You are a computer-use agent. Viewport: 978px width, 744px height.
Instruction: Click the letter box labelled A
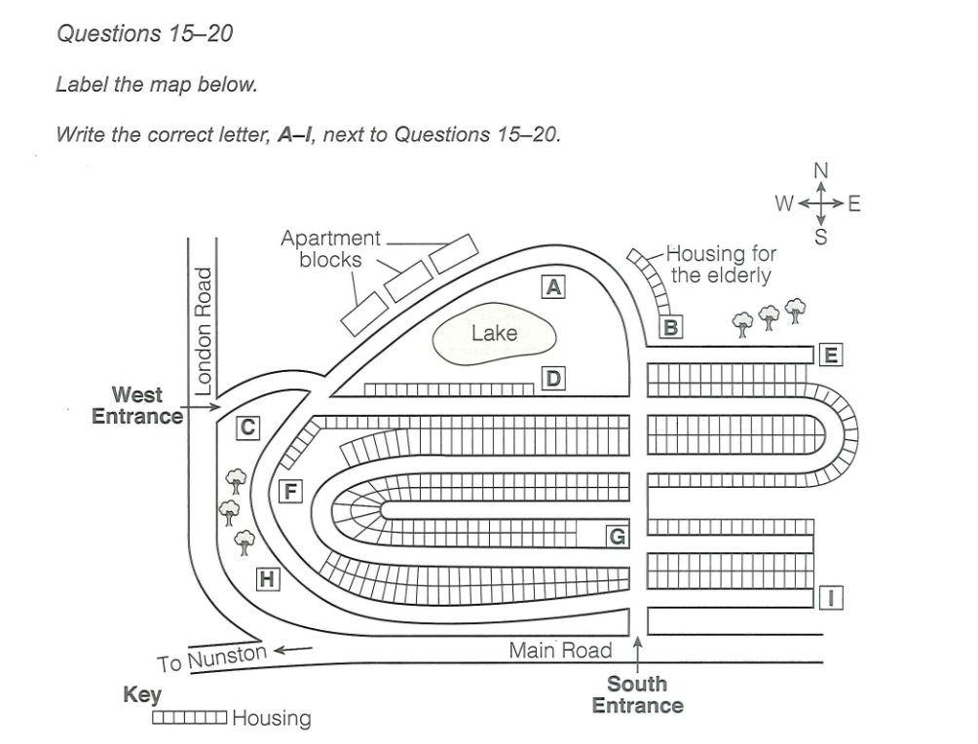point(553,286)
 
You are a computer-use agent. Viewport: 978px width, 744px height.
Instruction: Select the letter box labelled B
point(670,327)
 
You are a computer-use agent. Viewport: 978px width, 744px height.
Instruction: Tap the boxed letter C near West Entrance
point(248,426)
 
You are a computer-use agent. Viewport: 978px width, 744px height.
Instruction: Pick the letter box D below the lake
point(552,378)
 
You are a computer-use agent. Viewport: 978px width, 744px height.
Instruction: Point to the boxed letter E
point(830,354)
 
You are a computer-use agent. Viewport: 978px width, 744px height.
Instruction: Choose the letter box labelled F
point(289,490)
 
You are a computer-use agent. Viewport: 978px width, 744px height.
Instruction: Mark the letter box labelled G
point(617,535)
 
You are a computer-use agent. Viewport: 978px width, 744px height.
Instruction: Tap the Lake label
point(494,333)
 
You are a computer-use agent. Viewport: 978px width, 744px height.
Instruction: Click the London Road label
point(204,330)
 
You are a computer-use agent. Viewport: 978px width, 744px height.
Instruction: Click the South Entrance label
point(637,694)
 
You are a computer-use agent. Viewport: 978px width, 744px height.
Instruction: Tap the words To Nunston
point(211,658)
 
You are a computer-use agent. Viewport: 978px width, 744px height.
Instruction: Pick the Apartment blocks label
point(331,248)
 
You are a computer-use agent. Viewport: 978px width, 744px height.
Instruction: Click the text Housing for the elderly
point(722,264)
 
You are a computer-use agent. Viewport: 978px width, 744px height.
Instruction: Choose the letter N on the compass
point(820,171)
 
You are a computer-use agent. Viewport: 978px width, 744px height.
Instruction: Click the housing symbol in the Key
point(190,719)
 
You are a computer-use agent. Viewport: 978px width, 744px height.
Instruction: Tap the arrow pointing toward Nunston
point(295,648)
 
